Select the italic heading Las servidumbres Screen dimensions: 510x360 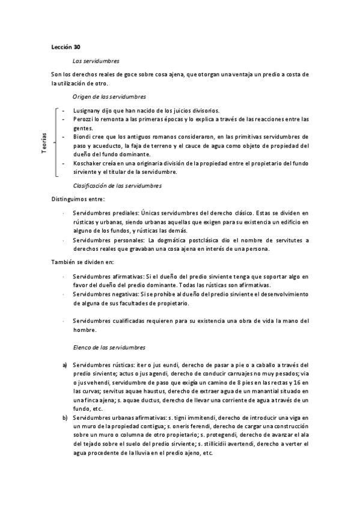pos(96,61)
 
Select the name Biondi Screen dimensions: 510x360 pos(82,137)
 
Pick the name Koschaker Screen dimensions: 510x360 pos(88,162)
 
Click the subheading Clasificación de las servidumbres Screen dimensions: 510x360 pos(117,186)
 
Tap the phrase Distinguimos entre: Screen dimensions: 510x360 pos(78,200)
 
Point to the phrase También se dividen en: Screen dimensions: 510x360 pos(82,262)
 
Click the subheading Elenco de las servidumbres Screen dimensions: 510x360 pos(108,348)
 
